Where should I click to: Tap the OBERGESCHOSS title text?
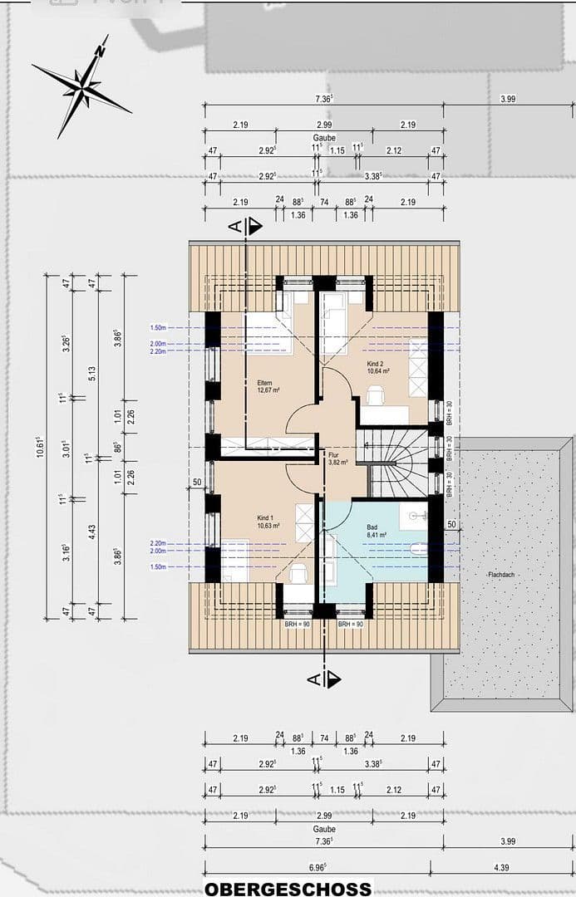click(x=288, y=888)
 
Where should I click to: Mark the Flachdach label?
click(x=500, y=575)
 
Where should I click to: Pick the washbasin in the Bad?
click(x=412, y=513)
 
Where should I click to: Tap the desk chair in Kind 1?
click(x=298, y=572)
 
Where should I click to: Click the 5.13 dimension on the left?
click(x=92, y=374)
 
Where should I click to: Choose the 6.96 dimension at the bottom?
click(x=317, y=867)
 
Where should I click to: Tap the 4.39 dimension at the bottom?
click(x=501, y=867)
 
